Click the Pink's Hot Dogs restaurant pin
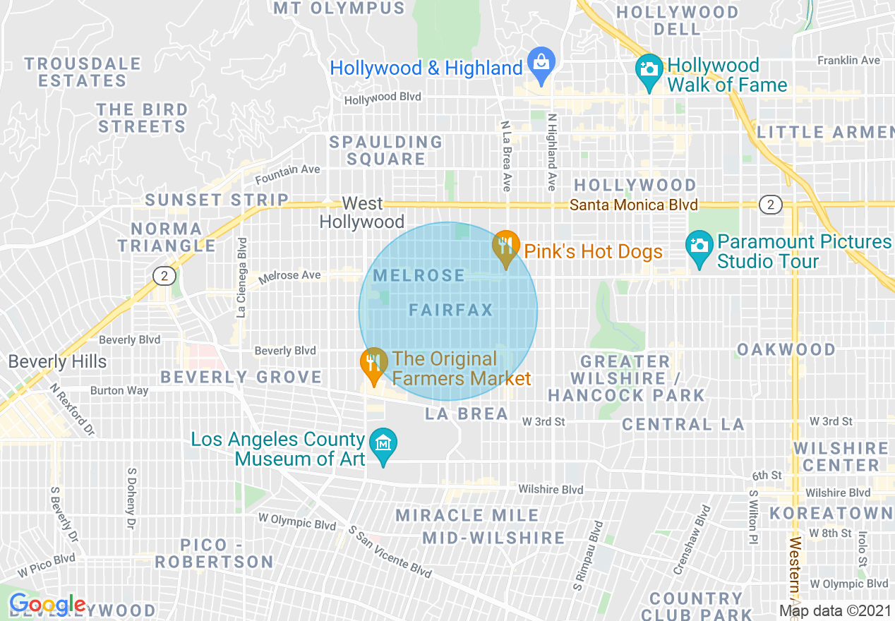[x=505, y=248]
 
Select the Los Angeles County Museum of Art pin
[x=383, y=445]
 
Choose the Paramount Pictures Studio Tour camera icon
[x=699, y=248]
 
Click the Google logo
[x=47, y=605]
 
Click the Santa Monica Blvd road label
[x=633, y=205]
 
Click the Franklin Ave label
[x=848, y=61]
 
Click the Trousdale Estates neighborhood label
[x=83, y=72]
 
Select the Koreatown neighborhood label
[x=831, y=513]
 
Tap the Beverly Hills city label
[x=57, y=362]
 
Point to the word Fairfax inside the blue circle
[x=451, y=310]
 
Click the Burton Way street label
[x=119, y=390]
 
